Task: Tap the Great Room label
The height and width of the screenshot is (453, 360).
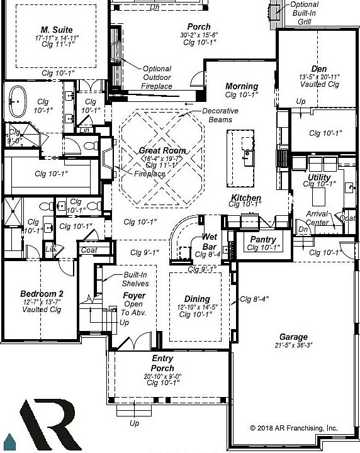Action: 162,151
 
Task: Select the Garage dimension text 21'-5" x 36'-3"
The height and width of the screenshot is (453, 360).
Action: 294,345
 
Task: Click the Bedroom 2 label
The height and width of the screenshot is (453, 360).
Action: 42,294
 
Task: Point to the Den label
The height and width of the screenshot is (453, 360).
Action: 318,69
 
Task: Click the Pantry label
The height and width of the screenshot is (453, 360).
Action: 262,240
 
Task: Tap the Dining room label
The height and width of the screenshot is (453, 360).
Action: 196,299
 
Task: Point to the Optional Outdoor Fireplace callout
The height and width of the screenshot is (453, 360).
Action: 157,77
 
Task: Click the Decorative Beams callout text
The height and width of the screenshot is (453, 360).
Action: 220,115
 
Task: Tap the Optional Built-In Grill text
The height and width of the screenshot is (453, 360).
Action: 304,13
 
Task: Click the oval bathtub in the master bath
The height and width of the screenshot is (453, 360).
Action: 17,100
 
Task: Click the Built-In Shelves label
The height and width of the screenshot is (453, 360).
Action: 135,279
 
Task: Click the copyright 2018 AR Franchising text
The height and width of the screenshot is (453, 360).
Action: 293,428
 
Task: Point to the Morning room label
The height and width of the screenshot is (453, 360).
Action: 242,86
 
